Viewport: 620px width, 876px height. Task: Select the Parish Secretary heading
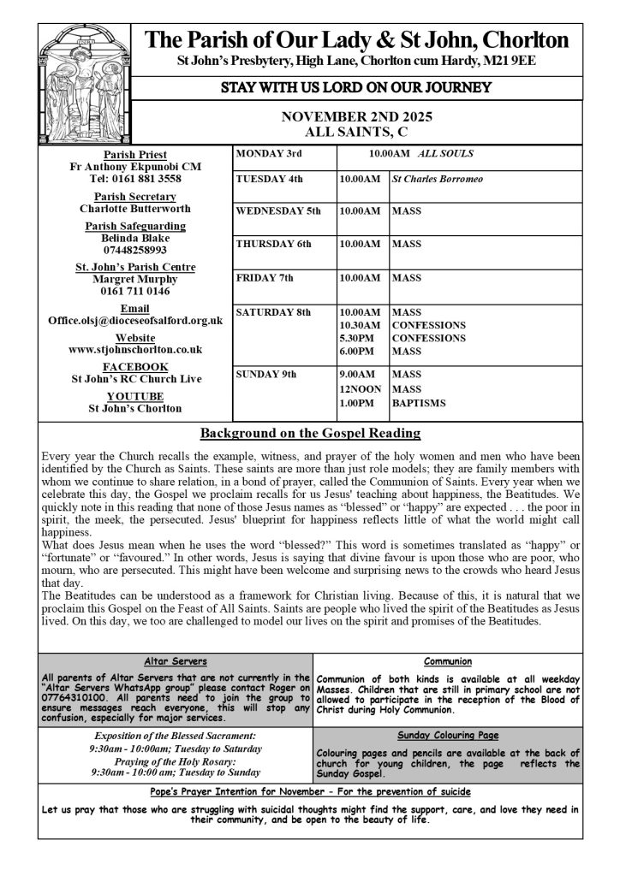pyautogui.click(x=135, y=197)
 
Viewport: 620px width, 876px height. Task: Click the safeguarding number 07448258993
pyautogui.click(x=135, y=249)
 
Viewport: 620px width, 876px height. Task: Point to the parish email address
pyautogui.click(x=135, y=320)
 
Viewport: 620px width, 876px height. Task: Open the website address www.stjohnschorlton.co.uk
pyautogui.click(x=135, y=349)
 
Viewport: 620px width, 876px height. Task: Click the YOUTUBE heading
pyautogui.click(x=135, y=396)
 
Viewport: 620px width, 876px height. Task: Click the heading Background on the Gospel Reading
pyautogui.click(x=310, y=433)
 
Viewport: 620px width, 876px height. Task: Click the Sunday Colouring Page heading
pyautogui.click(x=448, y=735)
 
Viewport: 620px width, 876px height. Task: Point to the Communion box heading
pyautogui.click(x=448, y=661)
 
